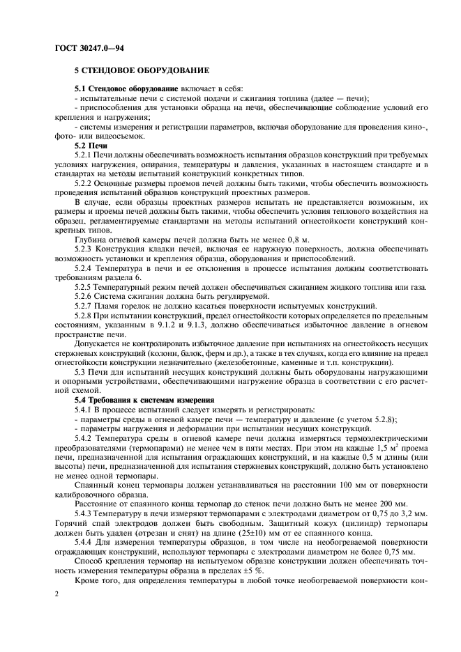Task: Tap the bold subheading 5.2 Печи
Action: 91,146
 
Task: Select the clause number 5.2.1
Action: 85,155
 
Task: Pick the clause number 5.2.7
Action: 85,306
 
